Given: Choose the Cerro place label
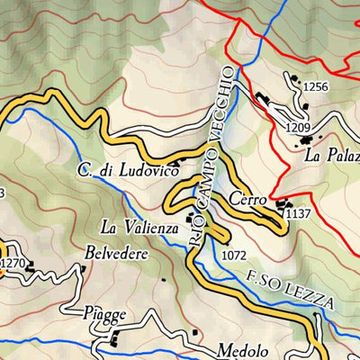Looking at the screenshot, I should coord(246,199).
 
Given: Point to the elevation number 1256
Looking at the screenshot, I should coord(317,86).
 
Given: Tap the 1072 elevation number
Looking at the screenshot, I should coord(232,255).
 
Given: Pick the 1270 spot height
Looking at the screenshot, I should coord(13,263).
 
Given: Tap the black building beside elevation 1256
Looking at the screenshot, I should coord(295,81).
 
